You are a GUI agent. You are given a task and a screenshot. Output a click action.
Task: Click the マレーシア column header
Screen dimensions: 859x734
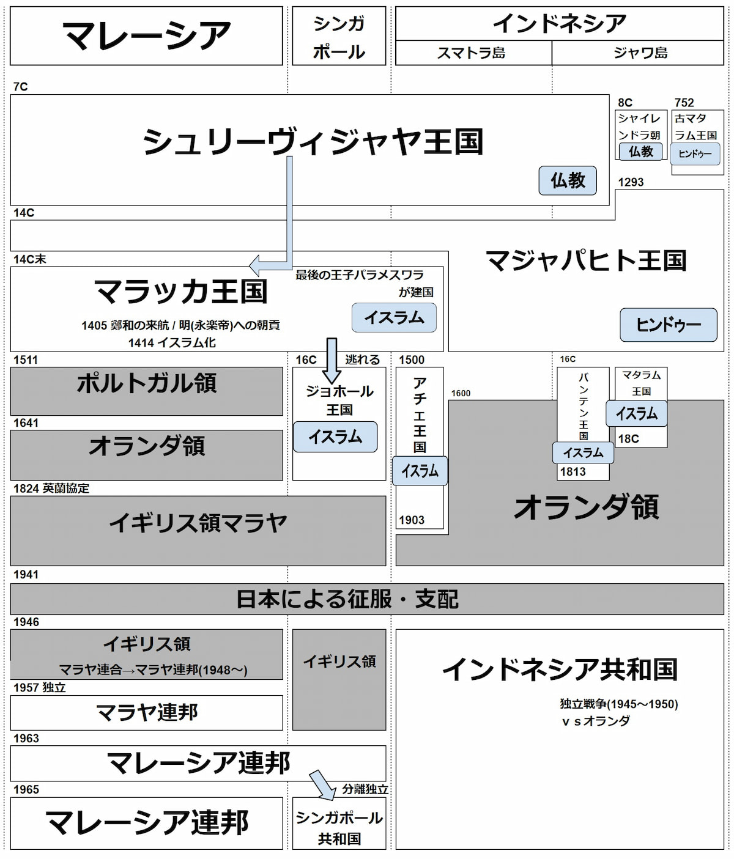click(146, 35)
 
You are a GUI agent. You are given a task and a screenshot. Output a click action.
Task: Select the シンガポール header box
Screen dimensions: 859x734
click(339, 37)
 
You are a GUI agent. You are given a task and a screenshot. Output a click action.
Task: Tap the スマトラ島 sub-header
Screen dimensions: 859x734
click(472, 53)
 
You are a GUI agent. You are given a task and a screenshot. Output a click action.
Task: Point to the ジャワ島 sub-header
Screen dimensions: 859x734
click(640, 53)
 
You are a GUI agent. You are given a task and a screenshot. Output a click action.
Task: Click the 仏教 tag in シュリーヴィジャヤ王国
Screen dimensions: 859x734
click(568, 180)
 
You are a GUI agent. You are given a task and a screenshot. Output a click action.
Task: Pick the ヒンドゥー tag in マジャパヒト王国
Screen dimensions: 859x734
click(668, 325)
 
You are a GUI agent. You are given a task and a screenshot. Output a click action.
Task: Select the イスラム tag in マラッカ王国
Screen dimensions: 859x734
click(394, 318)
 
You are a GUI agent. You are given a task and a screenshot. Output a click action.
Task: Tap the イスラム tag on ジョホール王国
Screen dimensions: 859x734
click(335, 437)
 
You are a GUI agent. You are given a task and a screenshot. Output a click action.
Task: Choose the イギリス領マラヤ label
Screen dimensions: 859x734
click(198, 523)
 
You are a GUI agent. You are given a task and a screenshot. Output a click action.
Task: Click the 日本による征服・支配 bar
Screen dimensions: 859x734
click(347, 599)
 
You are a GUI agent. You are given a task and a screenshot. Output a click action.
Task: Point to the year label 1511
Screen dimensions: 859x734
click(26, 360)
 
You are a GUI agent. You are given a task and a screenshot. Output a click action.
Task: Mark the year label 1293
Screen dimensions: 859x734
click(631, 182)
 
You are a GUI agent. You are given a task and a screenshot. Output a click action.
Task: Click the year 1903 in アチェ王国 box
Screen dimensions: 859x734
click(412, 520)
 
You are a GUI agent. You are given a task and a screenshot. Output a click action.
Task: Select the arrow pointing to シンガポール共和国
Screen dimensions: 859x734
click(323, 786)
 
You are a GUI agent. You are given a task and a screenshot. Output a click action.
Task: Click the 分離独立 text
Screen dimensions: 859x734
click(365, 789)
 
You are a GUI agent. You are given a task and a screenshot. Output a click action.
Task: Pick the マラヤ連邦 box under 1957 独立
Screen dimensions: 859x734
click(146, 712)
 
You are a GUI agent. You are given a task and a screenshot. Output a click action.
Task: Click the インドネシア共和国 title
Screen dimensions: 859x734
click(560, 669)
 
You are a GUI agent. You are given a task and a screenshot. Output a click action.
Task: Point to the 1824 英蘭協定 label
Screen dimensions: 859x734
click(51, 488)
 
